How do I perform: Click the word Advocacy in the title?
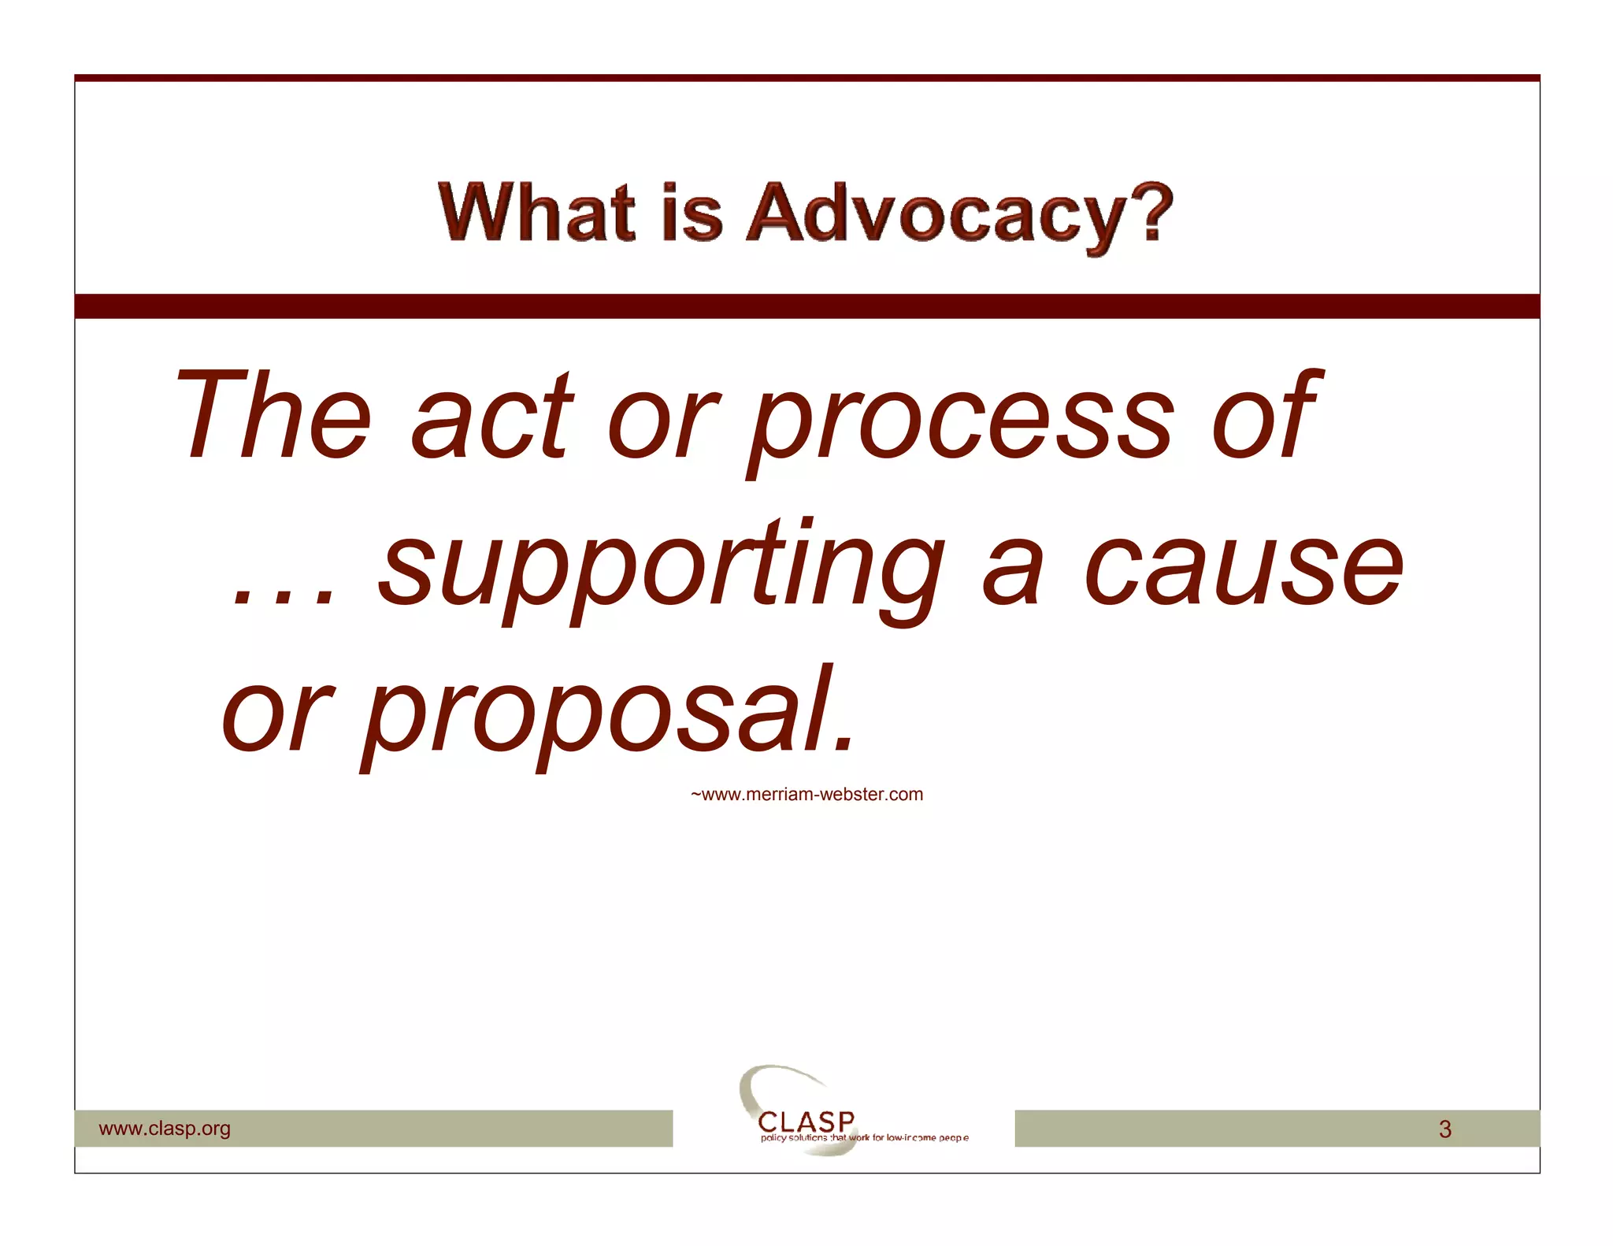click(937, 213)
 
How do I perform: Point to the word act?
click(492, 417)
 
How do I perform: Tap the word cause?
click(1244, 566)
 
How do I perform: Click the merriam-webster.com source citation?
click(806, 794)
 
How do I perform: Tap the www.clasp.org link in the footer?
click(165, 1128)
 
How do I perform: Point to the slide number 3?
click(1444, 1129)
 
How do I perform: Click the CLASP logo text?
click(806, 1120)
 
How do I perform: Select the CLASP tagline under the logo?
click(864, 1138)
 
